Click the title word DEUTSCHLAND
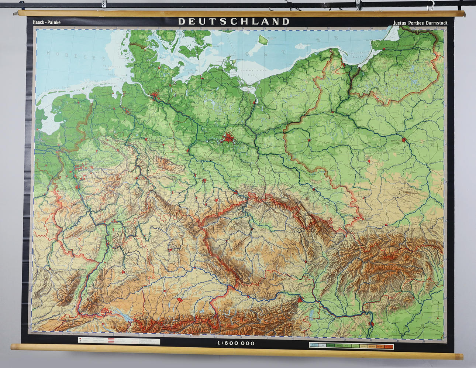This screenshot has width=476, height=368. [234, 21]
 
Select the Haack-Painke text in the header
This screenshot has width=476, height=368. [47, 22]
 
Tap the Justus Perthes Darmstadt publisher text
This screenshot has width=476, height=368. [420, 23]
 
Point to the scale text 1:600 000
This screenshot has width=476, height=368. [236, 343]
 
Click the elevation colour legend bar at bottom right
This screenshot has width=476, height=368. [351, 346]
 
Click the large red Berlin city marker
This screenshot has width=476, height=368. [228, 139]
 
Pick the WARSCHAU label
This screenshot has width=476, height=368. [396, 140]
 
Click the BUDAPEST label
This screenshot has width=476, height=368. [380, 322]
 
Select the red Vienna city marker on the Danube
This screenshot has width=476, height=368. [300, 299]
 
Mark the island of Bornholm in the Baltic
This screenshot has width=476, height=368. [262, 39]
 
